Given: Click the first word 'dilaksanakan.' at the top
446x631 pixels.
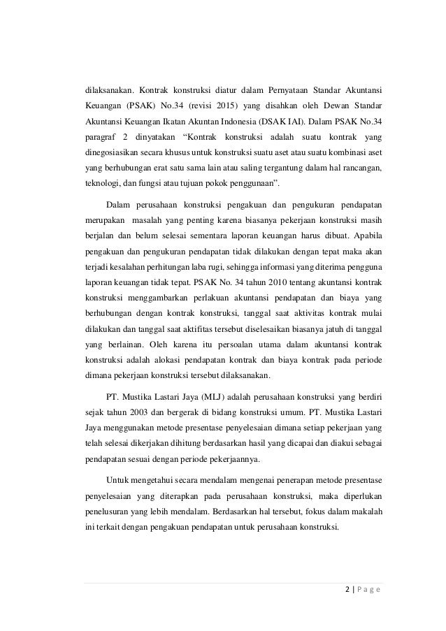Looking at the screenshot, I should pyautogui.click(x=107, y=90).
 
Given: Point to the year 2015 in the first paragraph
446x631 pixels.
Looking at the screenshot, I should pyautogui.click(x=224, y=106).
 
